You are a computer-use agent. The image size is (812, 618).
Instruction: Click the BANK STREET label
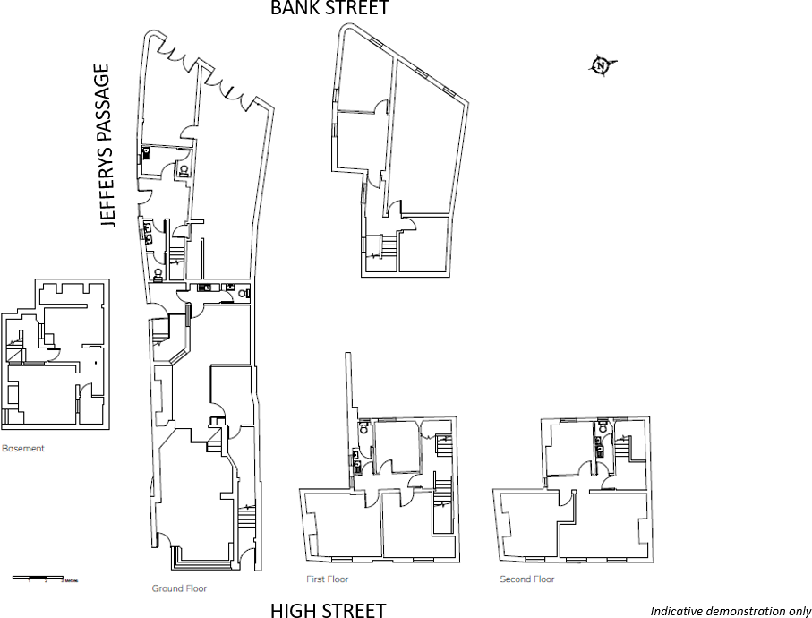[330, 9]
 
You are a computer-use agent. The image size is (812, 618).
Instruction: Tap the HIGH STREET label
[328, 611]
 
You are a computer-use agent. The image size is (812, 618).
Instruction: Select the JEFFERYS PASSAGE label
[108, 145]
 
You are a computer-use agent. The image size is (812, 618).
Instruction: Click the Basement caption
[22, 448]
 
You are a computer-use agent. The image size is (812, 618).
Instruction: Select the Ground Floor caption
[179, 588]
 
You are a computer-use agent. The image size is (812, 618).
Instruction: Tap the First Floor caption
[328, 579]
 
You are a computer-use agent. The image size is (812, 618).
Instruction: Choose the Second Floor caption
[526, 579]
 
